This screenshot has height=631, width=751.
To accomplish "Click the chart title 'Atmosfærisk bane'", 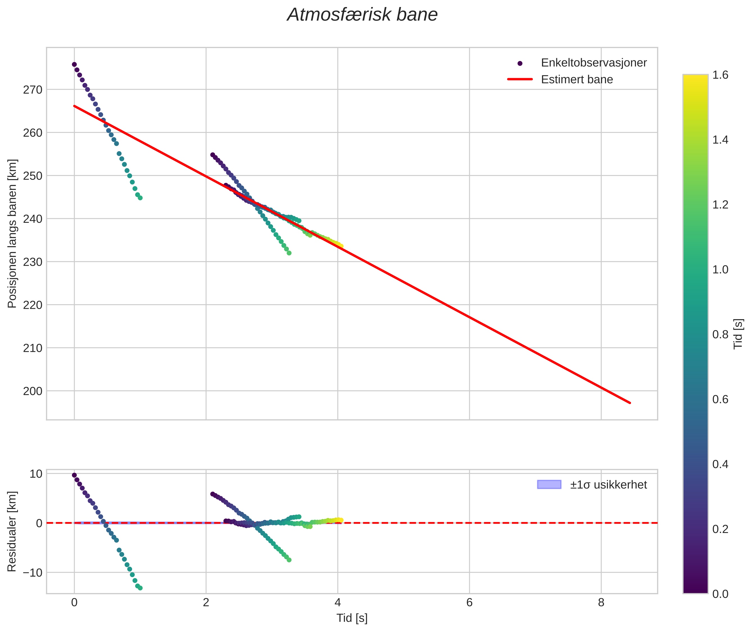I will tap(362, 15).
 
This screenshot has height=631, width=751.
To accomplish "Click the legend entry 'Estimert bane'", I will tap(577, 80).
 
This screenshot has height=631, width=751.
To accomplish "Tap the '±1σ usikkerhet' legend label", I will tap(608, 485).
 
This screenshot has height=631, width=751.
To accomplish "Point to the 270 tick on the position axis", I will tap(33, 90).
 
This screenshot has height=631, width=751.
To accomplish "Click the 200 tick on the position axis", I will tap(33, 391).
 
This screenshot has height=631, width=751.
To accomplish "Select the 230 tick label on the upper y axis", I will tap(33, 262).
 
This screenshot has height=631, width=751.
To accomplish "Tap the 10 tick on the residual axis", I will tap(36, 474).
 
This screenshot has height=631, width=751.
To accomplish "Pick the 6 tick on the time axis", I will tap(469, 603).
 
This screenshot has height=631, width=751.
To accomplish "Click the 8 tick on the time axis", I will tap(601, 603).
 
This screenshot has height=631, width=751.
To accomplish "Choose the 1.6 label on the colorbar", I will tap(720, 75).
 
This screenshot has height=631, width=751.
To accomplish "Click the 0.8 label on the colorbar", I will tap(720, 334).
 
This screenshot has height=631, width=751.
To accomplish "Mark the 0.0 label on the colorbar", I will tap(720, 594).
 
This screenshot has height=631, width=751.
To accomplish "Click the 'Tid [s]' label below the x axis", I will tap(352, 618).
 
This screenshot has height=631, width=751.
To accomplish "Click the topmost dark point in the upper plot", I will tap(74, 64).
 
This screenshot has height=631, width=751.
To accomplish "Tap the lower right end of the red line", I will tap(630, 403).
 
